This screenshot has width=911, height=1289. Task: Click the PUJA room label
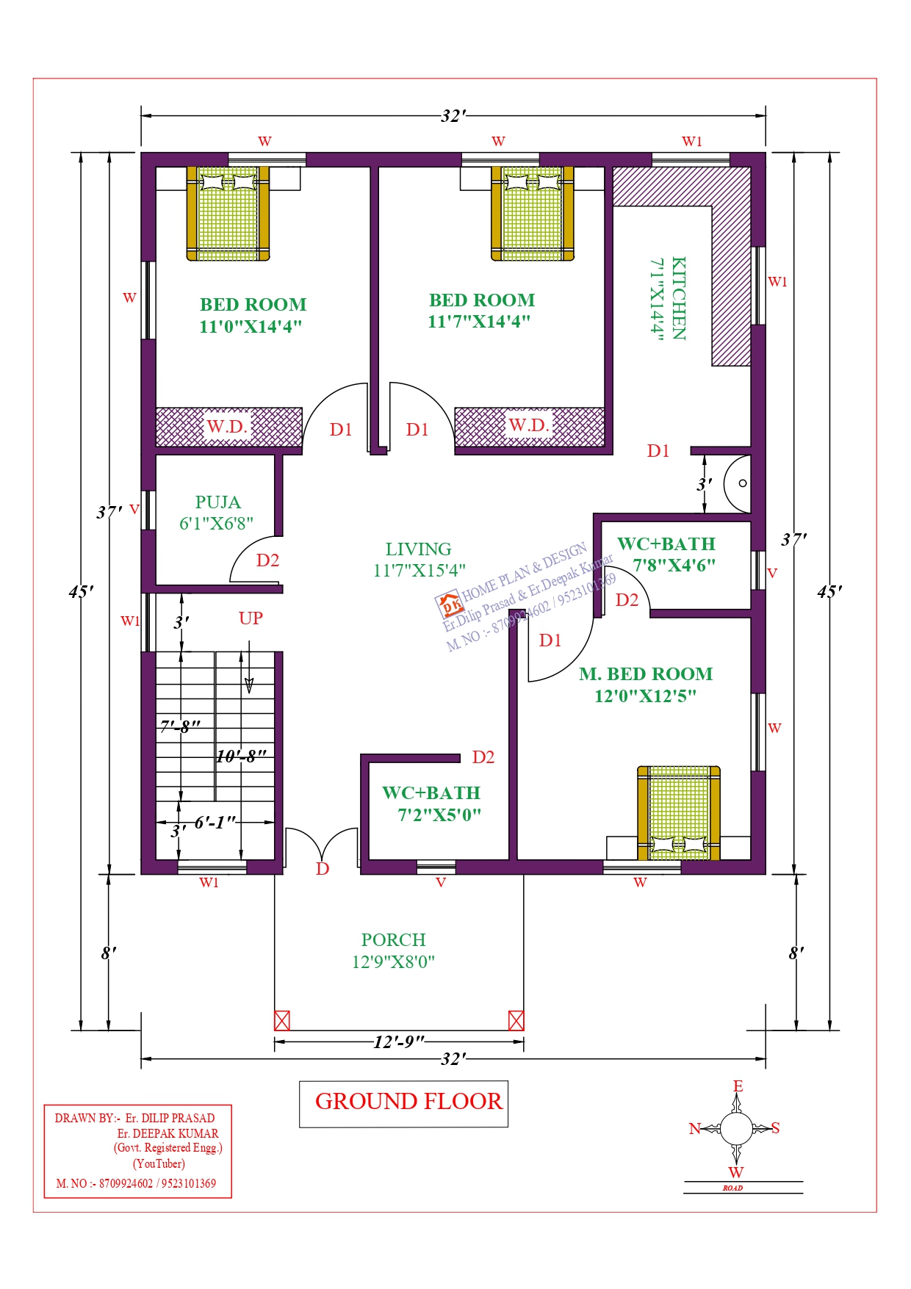[217, 502]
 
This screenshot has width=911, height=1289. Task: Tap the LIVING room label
[418, 549]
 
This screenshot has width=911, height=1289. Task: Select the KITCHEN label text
[679, 298]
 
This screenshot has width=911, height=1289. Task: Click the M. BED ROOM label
[646, 674]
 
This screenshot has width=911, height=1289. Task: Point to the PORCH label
[393, 940]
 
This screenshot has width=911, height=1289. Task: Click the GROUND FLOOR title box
[403, 1103]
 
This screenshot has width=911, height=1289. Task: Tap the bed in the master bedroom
[678, 812]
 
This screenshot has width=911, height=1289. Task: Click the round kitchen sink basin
[738, 483]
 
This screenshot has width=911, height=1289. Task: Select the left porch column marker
[282, 1020]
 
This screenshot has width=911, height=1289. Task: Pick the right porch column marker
[516, 1020]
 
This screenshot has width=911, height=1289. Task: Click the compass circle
[736, 1129]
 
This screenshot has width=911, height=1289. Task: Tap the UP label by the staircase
[251, 618]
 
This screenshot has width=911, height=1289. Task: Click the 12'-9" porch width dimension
[399, 1041]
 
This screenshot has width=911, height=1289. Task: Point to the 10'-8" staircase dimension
[240, 756]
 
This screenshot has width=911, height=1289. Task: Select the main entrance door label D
[323, 869]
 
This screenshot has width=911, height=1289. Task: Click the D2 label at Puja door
[267, 561]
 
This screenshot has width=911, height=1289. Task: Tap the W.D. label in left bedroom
[227, 427]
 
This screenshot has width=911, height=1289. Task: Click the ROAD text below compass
[732, 1188]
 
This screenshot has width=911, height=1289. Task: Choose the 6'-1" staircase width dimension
[215, 823]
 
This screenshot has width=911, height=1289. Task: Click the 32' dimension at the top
[453, 116]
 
